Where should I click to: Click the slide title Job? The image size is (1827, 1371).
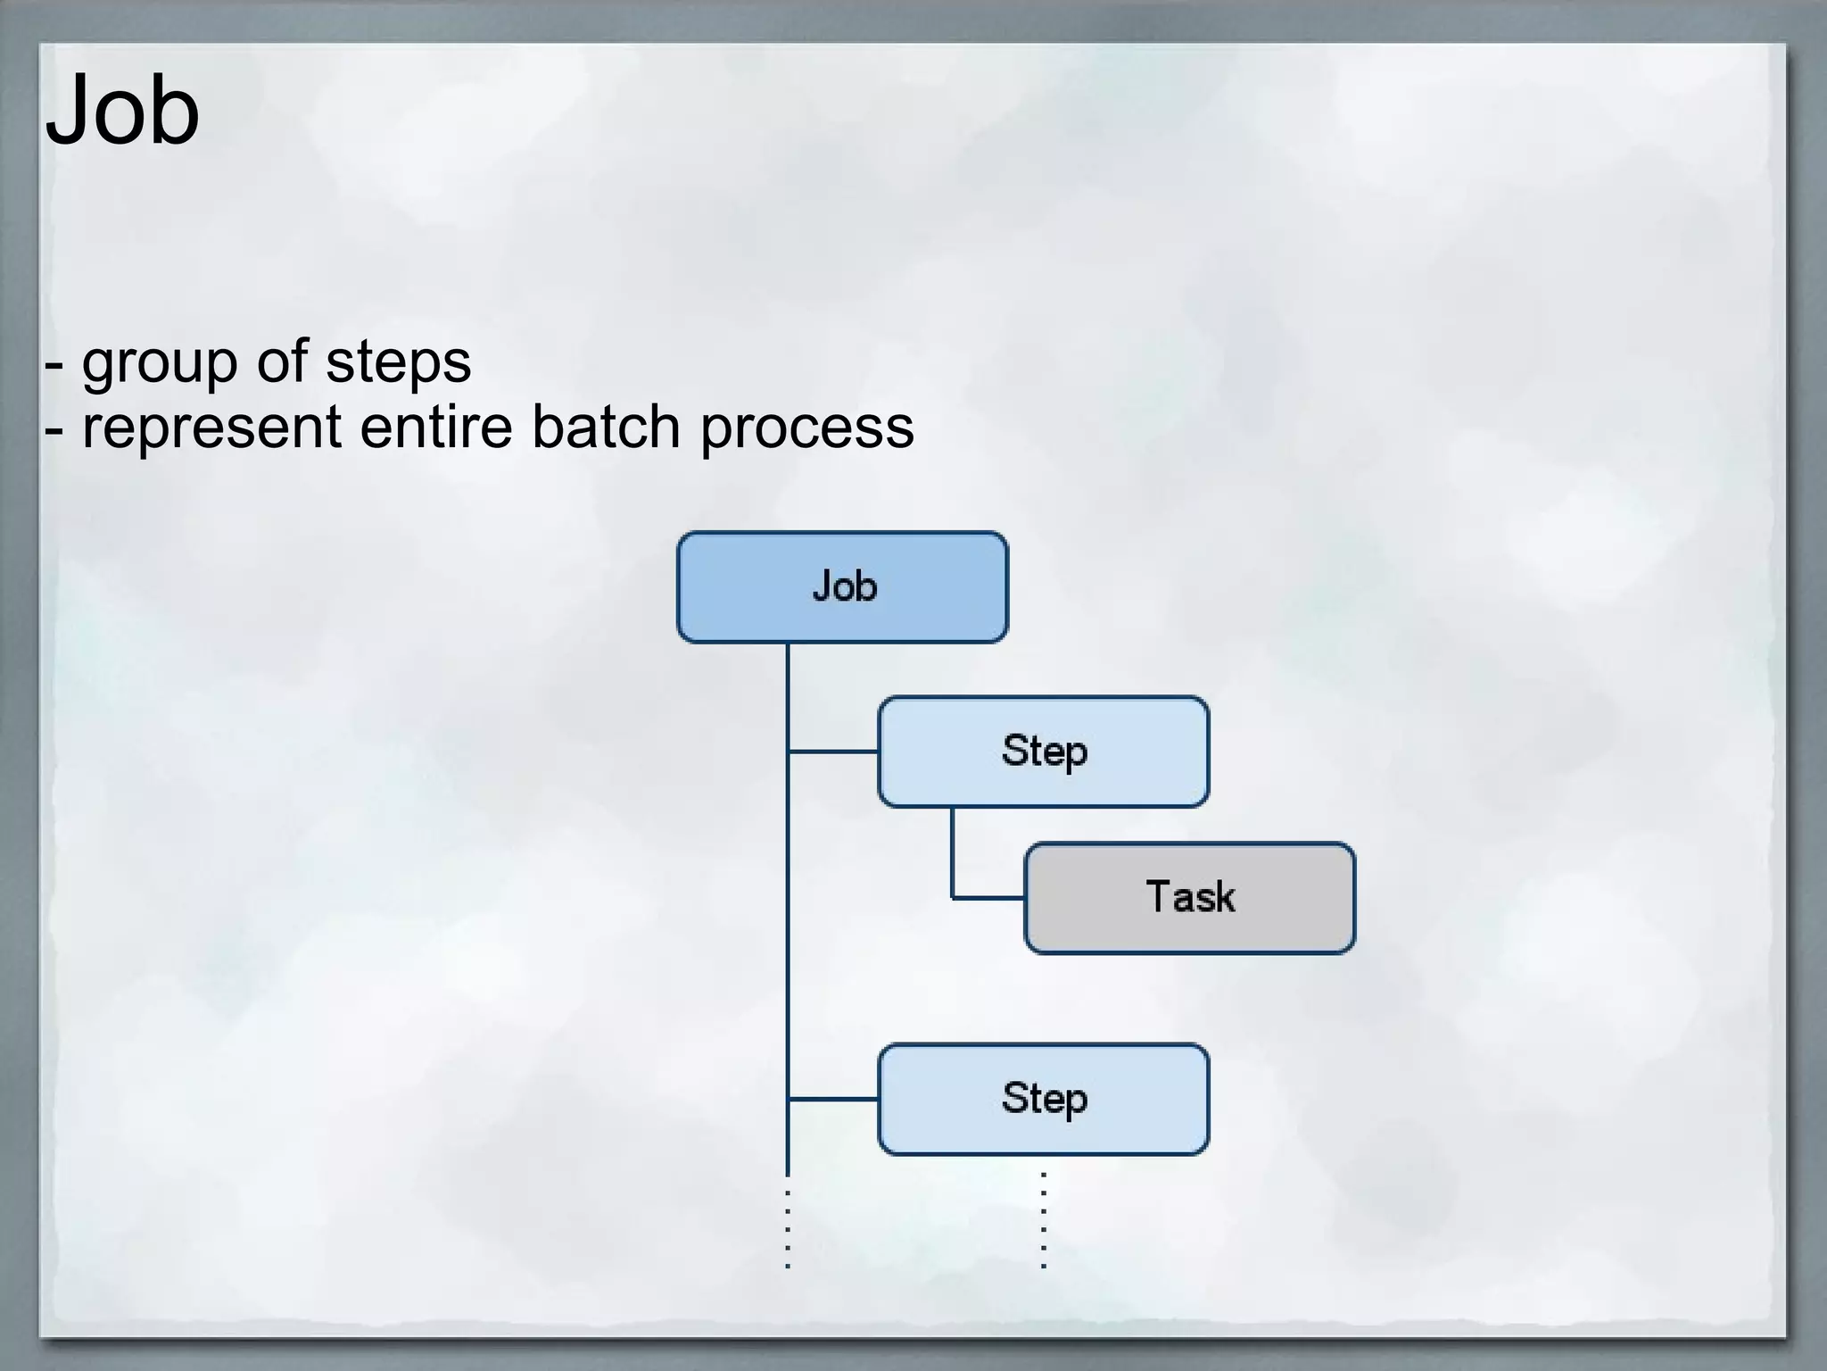pos(122,111)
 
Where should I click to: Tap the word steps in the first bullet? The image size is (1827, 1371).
pos(398,363)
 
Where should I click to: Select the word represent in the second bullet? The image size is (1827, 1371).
pos(211,428)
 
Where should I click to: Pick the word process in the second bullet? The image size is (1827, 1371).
pos(806,428)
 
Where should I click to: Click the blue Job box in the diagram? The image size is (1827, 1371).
pos(842,587)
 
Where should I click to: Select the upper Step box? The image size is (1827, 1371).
pos(1043,752)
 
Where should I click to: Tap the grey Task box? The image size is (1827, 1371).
pos(1189,898)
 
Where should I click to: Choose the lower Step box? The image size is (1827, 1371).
pos(1043,1099)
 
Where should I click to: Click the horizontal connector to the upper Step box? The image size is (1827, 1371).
pos(833,752)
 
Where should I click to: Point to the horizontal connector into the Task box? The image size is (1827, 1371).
pos(988,897)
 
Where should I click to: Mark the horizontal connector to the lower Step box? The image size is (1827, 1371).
pos(833,1099)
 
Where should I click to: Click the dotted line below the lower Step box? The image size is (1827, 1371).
pos(1044,1220)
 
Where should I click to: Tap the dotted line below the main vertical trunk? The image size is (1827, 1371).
pos(788,1227)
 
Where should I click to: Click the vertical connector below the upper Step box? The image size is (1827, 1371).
pos(952,852)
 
